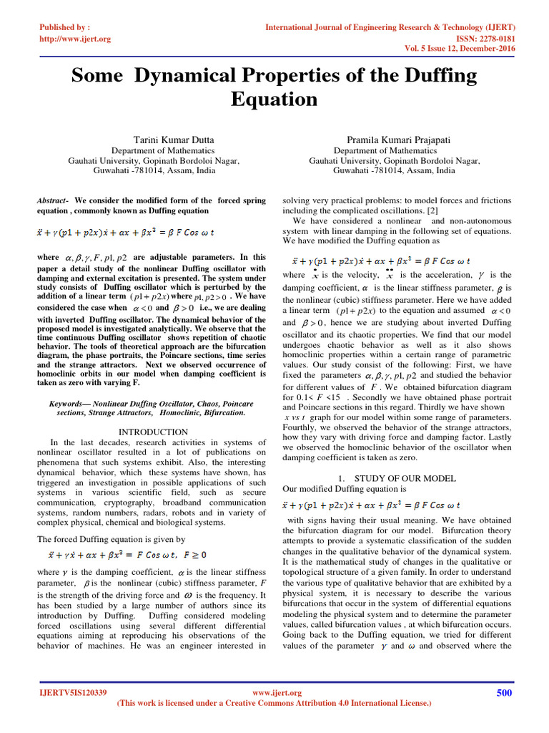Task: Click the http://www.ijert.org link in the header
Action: click(x=74, y=39)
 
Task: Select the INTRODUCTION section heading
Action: click(x=153, y=432)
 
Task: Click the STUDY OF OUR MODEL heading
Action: click(x=405, y=477)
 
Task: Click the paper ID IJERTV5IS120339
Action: click(x=73, y=693)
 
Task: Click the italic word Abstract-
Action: click(x=52, y=200)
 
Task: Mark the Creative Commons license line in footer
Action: click(x=274, y=703)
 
